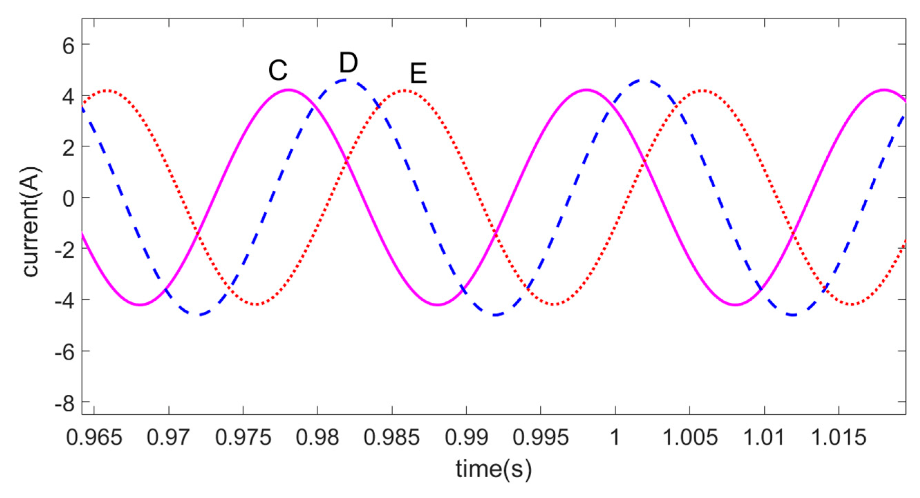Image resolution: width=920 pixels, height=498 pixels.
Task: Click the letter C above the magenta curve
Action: (278, 71)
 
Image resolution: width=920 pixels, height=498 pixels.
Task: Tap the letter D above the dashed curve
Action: (348, 63)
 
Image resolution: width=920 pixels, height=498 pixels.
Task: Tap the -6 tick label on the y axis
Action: (64, 353)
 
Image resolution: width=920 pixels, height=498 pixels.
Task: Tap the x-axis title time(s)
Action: (494, 469)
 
